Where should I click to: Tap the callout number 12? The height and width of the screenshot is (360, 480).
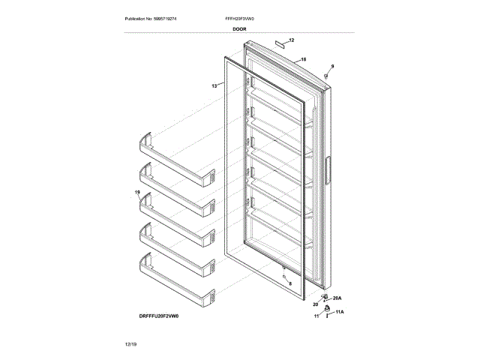[x=291, y=40]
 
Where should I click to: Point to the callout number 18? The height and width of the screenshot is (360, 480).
[x=303, y=59]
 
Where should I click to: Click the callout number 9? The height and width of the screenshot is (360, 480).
[x=332, y=67]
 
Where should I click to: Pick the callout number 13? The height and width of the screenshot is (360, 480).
[x=214, y=86]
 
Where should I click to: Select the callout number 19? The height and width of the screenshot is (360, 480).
[x=137, y=193]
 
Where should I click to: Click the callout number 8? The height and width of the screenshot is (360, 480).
[x=290, y=283]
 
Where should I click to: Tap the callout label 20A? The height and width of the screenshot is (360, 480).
[x=337, y=298]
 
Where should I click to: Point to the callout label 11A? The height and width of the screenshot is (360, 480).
[x=339, y=311]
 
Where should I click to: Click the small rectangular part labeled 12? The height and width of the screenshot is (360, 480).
[x=280, y=44]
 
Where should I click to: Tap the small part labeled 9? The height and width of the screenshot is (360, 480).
[x=329, y=75]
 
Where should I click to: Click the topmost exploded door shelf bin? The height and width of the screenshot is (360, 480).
[x=175, y=148]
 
